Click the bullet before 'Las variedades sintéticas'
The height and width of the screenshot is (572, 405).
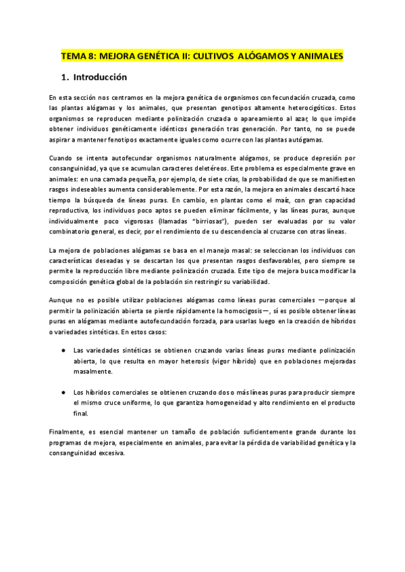coord(63,351)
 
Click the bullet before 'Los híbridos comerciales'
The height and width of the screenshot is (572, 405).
coord(63,392)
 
